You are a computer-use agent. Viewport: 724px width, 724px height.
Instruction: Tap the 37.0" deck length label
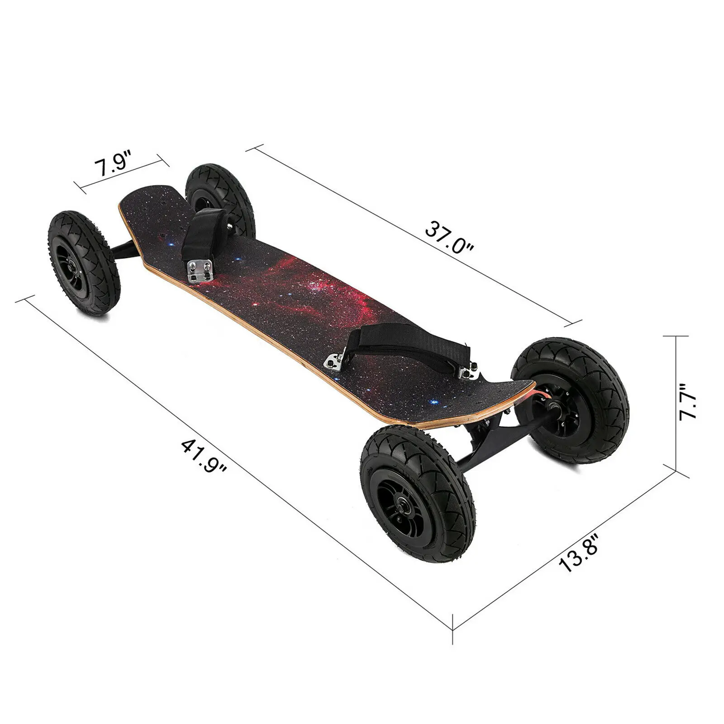pos(449,238)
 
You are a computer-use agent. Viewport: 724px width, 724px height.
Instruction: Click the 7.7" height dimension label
pos(689,402)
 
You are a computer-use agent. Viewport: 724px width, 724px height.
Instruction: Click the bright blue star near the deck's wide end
pos(433,401)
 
